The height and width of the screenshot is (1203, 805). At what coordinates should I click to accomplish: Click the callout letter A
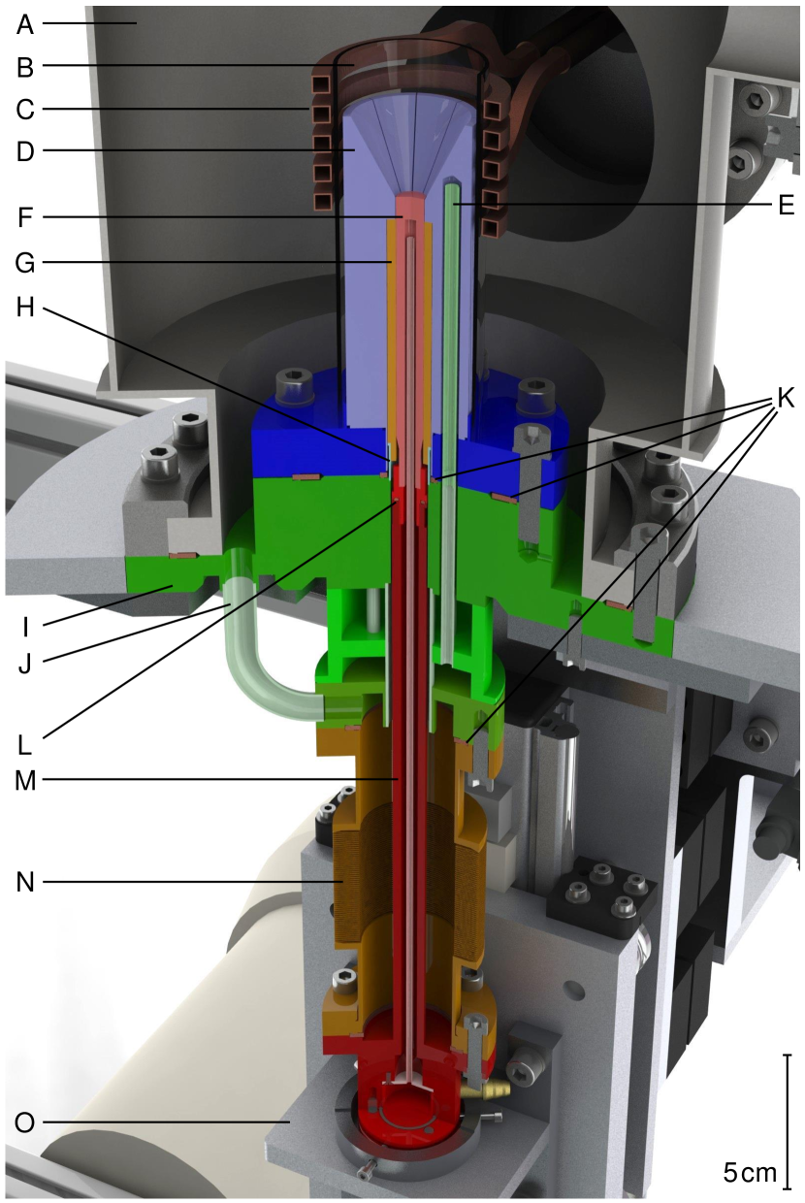pos(25,24)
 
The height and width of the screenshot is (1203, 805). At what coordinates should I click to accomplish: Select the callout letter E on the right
pos(786,205)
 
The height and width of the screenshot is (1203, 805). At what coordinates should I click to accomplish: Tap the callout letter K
pos(785,399)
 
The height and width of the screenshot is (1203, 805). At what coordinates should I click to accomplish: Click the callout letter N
pos(25,882)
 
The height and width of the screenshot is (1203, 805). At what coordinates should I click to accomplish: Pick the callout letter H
pos(25,308)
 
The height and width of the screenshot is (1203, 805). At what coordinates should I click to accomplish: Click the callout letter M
pos(25,780)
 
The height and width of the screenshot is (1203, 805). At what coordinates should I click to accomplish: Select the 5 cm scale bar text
pos(750,1172)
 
